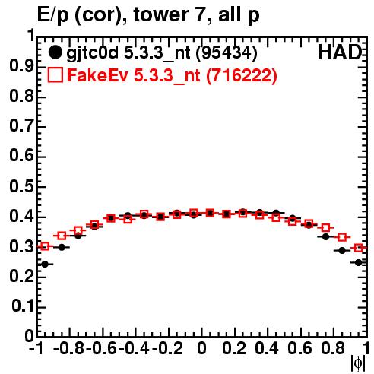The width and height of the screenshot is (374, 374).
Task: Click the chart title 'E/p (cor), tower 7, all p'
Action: click(148, 15)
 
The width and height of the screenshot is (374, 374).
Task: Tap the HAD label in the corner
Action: click(340, 52)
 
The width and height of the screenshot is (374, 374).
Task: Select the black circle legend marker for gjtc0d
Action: click(55, 52)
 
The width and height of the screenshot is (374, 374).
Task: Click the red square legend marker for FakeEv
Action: click(55, 75)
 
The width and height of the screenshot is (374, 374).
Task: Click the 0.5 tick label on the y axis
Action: click(22, 187)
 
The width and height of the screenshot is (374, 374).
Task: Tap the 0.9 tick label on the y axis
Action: click(22, 66)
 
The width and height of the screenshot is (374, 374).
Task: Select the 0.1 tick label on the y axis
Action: click(23, 307)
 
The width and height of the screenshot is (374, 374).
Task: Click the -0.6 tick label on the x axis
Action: click(101, 349)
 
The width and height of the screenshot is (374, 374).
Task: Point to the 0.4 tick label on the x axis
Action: click(267, 349)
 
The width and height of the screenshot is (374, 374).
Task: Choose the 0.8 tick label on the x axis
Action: click(333, 349)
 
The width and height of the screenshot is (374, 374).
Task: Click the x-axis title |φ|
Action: click(358, 363)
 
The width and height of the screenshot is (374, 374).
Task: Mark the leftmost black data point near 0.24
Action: click(45, 265)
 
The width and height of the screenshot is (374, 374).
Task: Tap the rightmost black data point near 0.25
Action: click(358, 263)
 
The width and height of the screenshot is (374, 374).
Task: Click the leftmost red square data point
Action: click(45, 246)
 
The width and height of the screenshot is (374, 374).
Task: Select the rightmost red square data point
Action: click(358, 248)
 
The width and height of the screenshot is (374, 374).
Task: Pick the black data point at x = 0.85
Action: click(342, 251)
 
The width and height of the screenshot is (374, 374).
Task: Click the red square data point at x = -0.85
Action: click(62, 236)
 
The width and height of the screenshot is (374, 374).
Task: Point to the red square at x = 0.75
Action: click(325, 228)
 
